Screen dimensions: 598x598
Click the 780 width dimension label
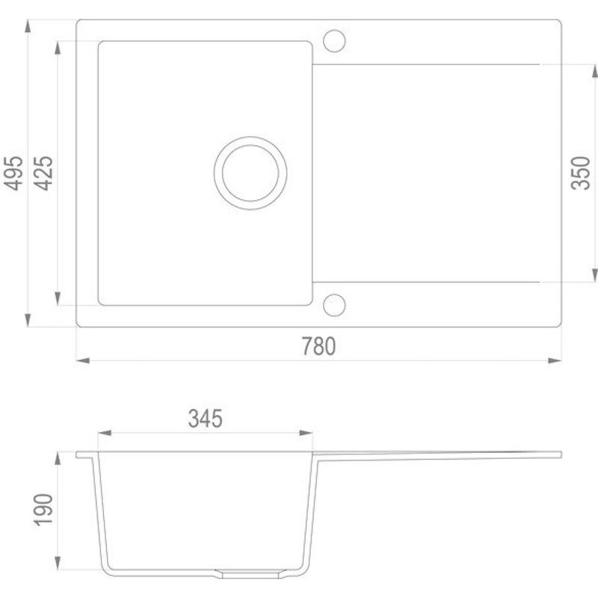pyautogui.click(x=319, y=346)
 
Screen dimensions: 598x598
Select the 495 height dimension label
pyautogui.click(x=13, y=173)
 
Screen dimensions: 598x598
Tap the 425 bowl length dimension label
pyautogui.click(x=43, y=173)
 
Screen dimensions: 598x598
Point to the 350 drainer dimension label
pyautogui.click(x=580, y=173)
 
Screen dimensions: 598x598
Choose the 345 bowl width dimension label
pyautogui.click(x=205, y=419)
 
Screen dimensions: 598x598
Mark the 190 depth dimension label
pyautogui.click(x=43, y=510)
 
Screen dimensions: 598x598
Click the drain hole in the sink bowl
pyautogui.click(x=250, y=173)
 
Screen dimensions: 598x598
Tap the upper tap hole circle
pyautogui.click(x=334, y=41)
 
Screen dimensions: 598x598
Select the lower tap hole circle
pyautogui.click(x=334, y=305)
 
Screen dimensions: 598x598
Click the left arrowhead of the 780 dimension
pyautogui.click(x=83, y=360)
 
